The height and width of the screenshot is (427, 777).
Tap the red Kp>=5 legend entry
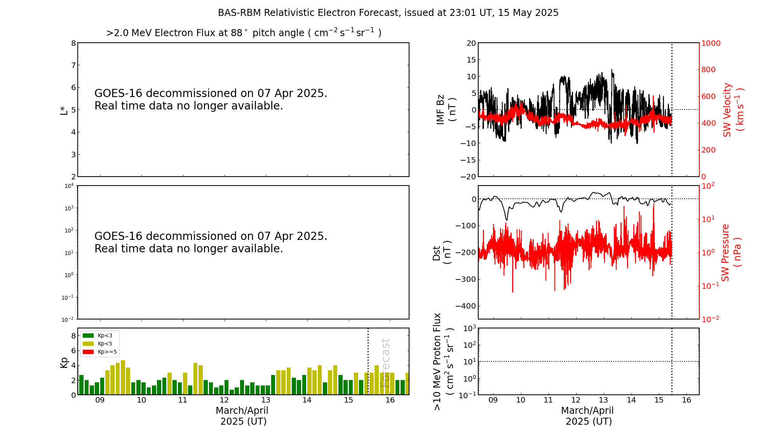point(99,352)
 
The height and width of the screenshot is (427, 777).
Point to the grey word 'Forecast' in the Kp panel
point(385,363)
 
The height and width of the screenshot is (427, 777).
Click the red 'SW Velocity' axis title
point(727,110)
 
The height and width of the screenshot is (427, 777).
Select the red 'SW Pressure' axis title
point(725,253)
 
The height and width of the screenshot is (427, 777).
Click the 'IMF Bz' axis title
point(440,110)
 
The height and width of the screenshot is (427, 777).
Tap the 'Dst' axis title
point(437,253)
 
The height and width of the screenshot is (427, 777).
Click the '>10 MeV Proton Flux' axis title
point(437,362)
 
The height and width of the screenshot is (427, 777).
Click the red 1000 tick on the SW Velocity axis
point(711,43)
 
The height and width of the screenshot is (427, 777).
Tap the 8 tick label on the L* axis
point(73,43)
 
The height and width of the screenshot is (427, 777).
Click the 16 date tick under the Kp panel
point(390,400)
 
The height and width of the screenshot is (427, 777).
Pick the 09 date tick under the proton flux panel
point(493,400)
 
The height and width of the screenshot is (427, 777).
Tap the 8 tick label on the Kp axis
point(73,336)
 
